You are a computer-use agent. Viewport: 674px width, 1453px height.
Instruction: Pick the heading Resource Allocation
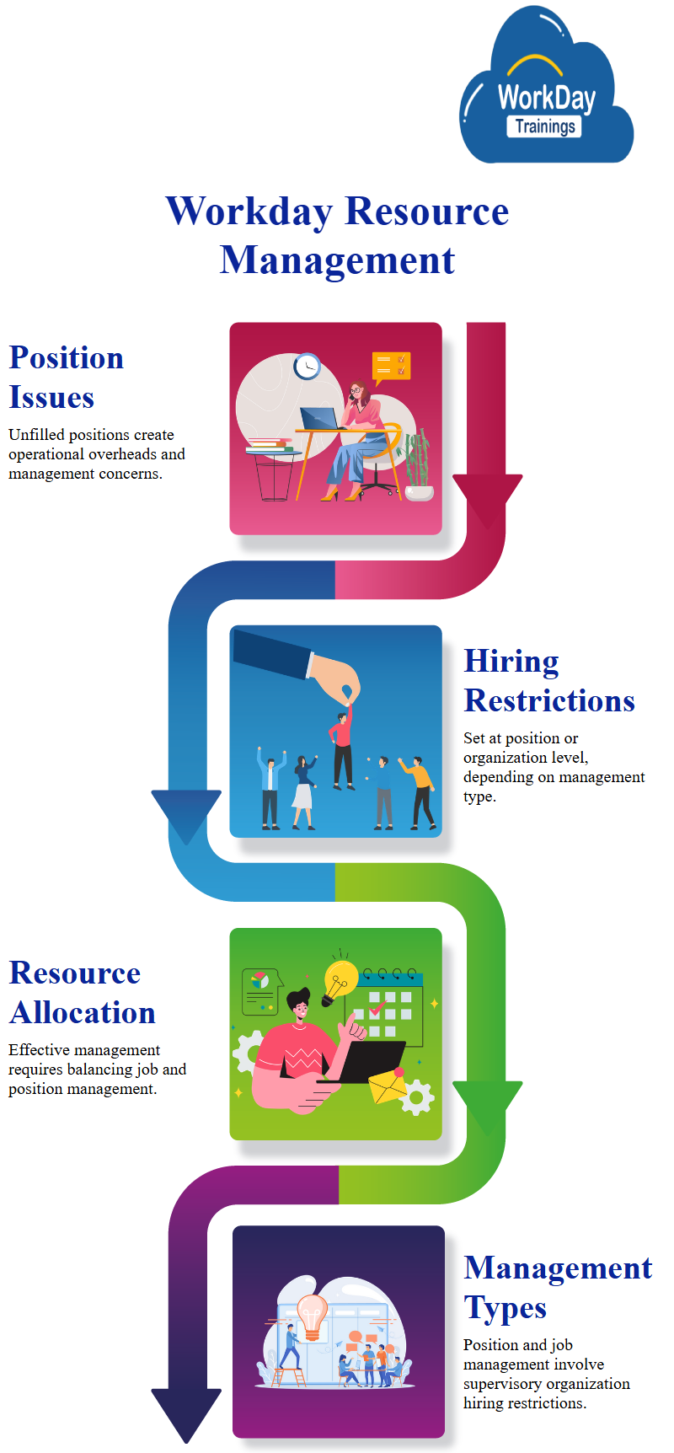click(82, 993)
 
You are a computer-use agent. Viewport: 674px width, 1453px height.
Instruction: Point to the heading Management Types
click(558, 1287)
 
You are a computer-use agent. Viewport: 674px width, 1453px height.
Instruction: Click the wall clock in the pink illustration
click(307, 367)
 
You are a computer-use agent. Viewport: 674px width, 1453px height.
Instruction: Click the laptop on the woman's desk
click(319, 419)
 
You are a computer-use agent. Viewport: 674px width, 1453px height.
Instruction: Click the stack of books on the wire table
click(271, 445)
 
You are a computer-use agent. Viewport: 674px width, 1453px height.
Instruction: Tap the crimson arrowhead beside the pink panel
click(487, 497)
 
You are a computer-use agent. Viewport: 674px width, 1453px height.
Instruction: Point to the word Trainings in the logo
click(545, 126)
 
